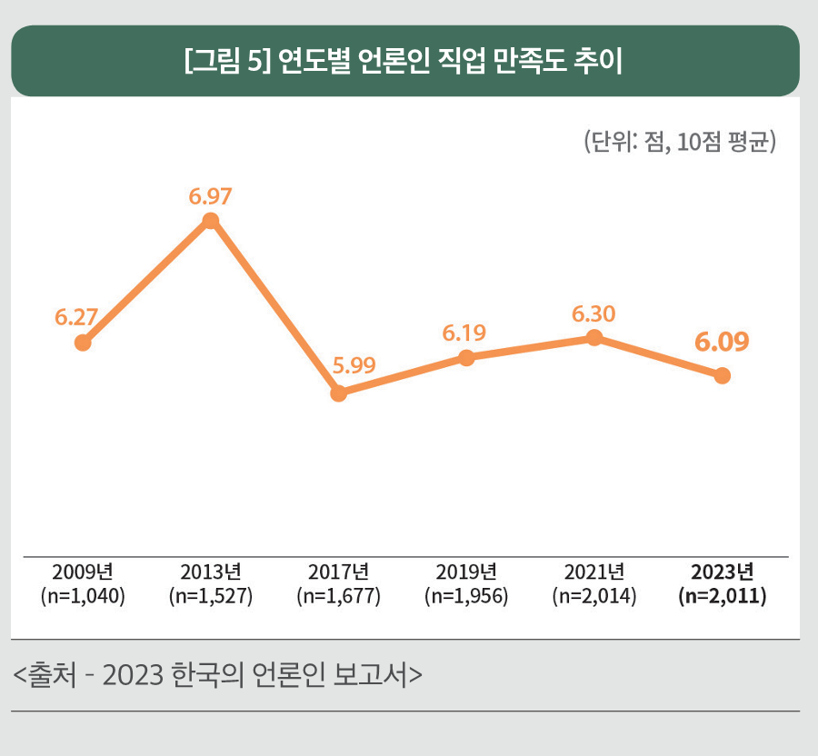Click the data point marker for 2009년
point(83,343)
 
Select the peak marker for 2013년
point(210,221)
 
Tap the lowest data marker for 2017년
point(338,393)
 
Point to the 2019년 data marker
point(466,358)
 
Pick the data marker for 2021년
point(594,338)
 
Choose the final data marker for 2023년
point(722,375)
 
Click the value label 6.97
point(211,195)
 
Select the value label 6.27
point(76,317)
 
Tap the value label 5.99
point(354,367)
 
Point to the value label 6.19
point(464,333)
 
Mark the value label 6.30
point(594,313)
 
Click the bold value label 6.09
point(722,343)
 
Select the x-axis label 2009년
point(83,572)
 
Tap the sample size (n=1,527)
point(211,597)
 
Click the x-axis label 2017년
point(338,572)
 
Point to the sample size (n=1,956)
point(466,597)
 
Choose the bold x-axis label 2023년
point(722,572)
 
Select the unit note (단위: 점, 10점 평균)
point(679,143)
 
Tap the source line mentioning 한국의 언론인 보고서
point(219,675)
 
